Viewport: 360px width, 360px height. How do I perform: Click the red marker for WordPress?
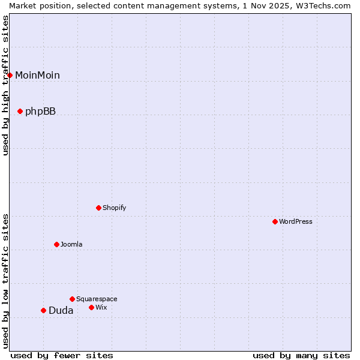pos(275,221)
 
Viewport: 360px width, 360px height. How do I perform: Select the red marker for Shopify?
pos(98,208)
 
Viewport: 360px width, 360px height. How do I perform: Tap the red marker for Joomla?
pos(56,244)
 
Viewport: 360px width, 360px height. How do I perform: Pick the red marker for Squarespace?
pos(72,299)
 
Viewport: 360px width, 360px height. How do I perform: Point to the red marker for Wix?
pos(91,307)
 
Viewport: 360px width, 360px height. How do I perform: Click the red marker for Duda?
pos(43,310)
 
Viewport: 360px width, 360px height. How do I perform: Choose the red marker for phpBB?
pos(20,111)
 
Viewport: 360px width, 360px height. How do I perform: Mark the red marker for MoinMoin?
pos(10,75)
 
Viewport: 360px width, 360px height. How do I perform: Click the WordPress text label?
pos(296,221)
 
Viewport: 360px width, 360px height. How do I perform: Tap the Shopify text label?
pos(115,208)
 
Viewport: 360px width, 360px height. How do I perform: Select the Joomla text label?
pos(71,244)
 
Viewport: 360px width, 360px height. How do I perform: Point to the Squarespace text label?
pos(97,299)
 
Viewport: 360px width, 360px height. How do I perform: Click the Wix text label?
pos(101,307)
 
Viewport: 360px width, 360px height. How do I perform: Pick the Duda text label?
pos(61,310)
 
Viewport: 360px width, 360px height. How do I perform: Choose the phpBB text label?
pos(40,111)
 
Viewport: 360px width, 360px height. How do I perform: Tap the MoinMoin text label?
pos(37,75)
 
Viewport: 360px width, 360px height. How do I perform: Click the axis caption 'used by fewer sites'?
pos(62,355)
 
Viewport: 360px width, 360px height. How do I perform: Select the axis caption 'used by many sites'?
pos(301,355)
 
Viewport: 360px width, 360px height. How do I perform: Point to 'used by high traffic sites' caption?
pos(5,85)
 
